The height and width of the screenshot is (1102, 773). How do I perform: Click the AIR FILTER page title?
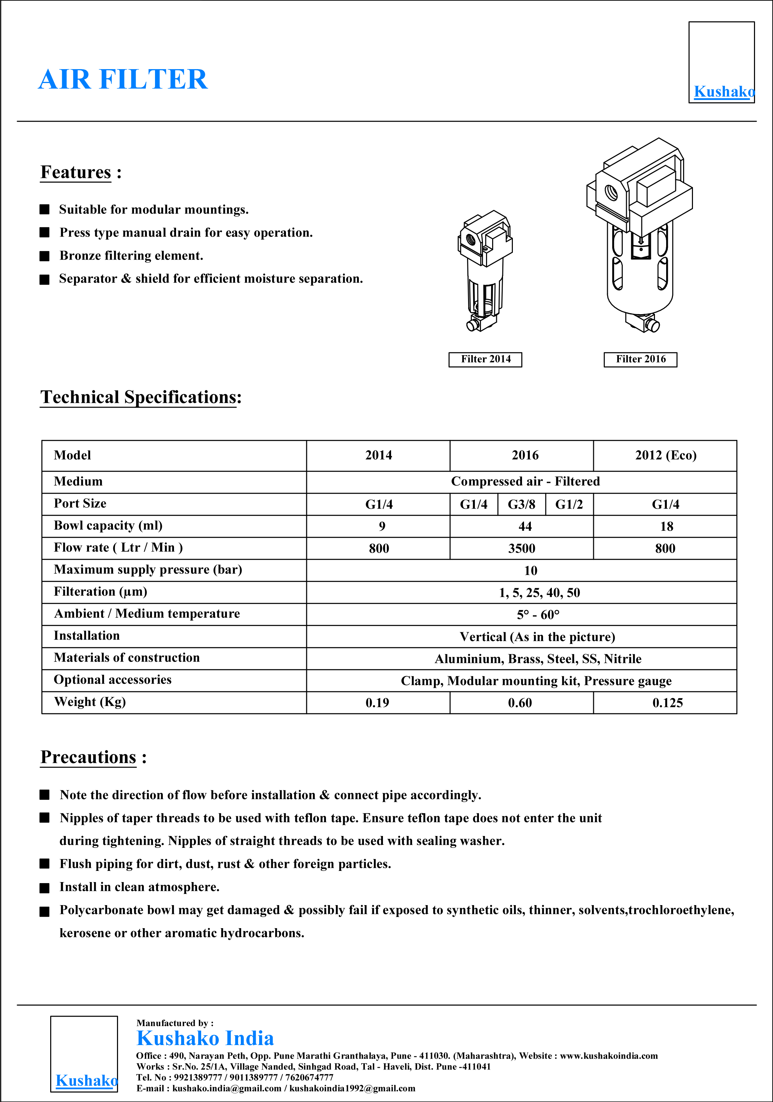123,79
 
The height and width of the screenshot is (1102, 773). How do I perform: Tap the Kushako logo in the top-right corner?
721,62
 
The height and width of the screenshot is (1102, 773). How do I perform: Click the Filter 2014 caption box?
485,360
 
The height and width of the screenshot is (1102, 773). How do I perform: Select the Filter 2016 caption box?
640,360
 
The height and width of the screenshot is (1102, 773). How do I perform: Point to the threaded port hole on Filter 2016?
612,192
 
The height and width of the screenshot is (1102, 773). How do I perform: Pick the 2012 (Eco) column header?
665,455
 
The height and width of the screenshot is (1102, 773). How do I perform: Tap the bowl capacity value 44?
525,527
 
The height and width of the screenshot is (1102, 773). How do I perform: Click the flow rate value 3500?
522,549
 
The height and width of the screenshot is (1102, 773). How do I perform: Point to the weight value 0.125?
667,703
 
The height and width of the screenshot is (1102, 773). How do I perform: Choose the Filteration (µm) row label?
100,592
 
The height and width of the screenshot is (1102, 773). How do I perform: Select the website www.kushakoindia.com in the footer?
609,1056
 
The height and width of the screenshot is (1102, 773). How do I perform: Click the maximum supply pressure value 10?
530,571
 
